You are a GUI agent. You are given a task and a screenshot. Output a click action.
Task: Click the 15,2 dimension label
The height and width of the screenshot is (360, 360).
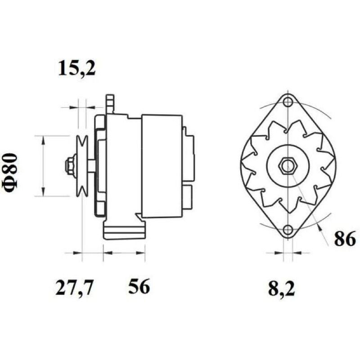(76, 69)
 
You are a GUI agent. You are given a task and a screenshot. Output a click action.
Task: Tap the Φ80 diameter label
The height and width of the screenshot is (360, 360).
(10, 173)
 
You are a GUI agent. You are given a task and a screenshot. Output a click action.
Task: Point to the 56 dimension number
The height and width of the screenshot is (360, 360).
(139, 286)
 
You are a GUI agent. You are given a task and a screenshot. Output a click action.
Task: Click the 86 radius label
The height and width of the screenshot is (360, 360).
(345, 238)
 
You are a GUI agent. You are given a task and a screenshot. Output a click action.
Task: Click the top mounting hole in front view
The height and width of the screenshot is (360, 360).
(288, 102)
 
